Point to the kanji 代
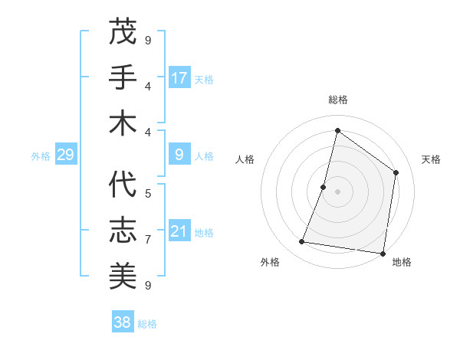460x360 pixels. click(x=123, y=185)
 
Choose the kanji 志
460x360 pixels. click(x=123, y=230)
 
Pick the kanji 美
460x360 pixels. click(x=123, y=275)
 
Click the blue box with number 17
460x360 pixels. click(x=179, y=78)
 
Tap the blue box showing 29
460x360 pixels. click(x=66, y=155)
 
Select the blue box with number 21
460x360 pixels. click(x=179, y=232)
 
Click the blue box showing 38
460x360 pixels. click(x=123, y=322)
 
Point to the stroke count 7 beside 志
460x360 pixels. click(x=148, y=240)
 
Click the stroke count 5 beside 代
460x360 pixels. click(x=148, y=194)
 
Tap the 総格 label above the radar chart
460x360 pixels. click(x=337, y=100)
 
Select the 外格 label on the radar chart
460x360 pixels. click(x=270, y=262)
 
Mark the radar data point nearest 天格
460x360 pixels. click(x=396, y=172)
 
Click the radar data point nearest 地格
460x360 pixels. click(x=383, y=253)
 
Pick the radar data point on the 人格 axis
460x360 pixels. click(x=324, y=187)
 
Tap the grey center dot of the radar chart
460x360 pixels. click(x=337, y=191)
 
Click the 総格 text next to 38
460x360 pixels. click(x=147, y=324)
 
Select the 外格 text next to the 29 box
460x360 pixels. click(x=41, y=156)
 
